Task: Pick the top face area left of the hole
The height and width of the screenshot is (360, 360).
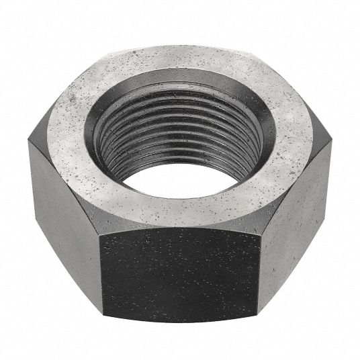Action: (x=74, y=121)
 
